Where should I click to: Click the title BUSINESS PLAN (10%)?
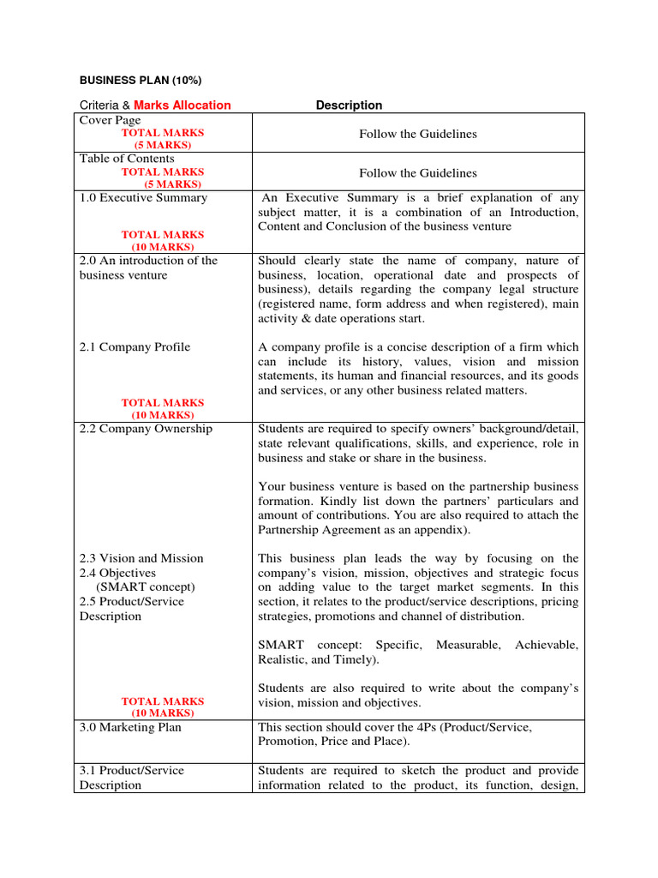coord(141,81)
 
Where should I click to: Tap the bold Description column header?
coord(349,105)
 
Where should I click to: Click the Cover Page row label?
coord(110,121)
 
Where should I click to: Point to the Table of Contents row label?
coord(127,159)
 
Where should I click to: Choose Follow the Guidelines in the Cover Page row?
coord(418,134)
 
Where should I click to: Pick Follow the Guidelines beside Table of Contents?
coord(418,173)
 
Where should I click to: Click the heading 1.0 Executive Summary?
coord(143,198)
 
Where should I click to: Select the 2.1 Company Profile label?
coord(135,347)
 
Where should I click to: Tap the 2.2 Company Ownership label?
coord(146,429)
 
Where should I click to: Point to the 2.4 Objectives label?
coord(117,573)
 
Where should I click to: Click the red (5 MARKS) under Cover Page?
coord(163,146)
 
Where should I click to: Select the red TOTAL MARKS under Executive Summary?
coord(163,235)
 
